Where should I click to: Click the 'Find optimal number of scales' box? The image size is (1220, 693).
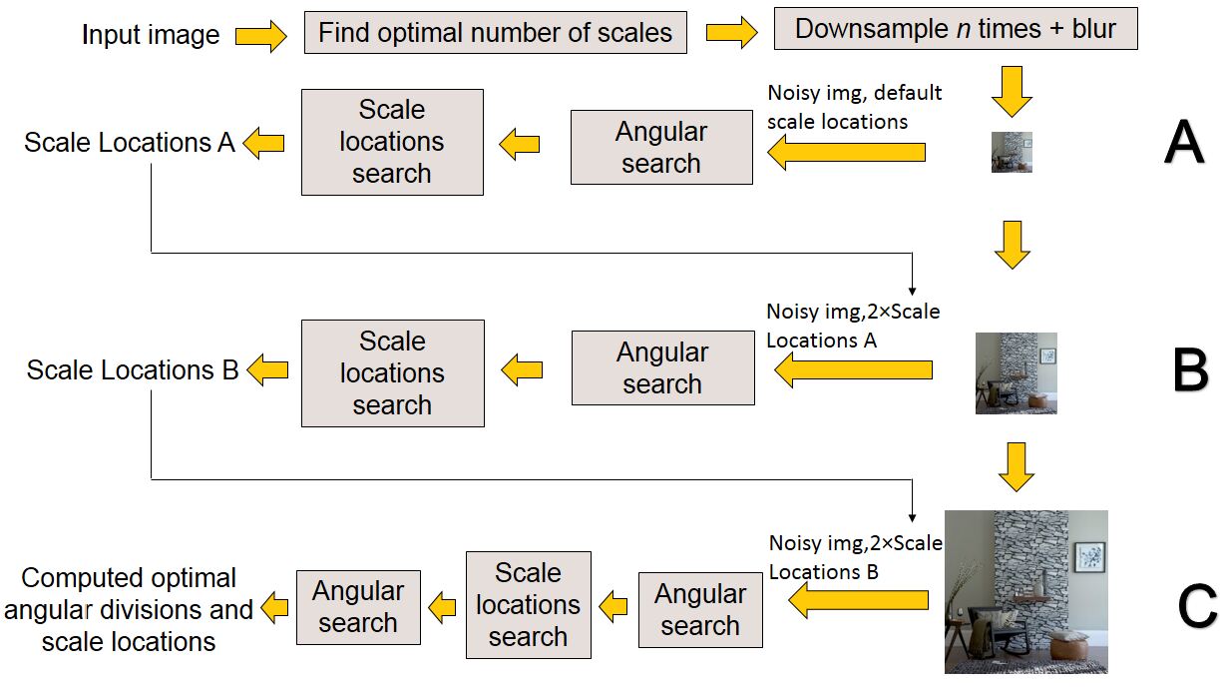tap(495, 32)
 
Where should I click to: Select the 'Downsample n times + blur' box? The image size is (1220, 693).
tap(955, 29)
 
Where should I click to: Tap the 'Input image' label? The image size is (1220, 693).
tap(151, 36)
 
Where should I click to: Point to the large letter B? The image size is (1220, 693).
tap(1190, 369)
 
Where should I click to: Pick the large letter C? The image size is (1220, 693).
tap(1196, 605)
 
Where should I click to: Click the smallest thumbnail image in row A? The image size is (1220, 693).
tap(1012, 153)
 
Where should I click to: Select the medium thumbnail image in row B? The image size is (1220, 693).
tap(1016, 373)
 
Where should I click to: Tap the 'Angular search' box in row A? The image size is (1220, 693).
tap(661, 148)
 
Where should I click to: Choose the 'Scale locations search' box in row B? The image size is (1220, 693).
tap(392, 372)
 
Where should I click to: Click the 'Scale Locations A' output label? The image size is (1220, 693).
tap(130, 143)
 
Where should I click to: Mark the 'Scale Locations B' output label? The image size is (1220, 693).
tap(132, 370)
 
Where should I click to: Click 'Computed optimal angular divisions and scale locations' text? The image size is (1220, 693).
tap(129, 609)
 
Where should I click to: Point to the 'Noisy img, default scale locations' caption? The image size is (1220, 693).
tap(854, 107)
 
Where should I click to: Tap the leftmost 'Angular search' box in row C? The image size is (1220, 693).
tap(358, 607)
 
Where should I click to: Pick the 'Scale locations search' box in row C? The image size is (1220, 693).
tap(528, 604)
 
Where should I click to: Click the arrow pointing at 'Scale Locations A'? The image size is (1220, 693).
tap(263, 144)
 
